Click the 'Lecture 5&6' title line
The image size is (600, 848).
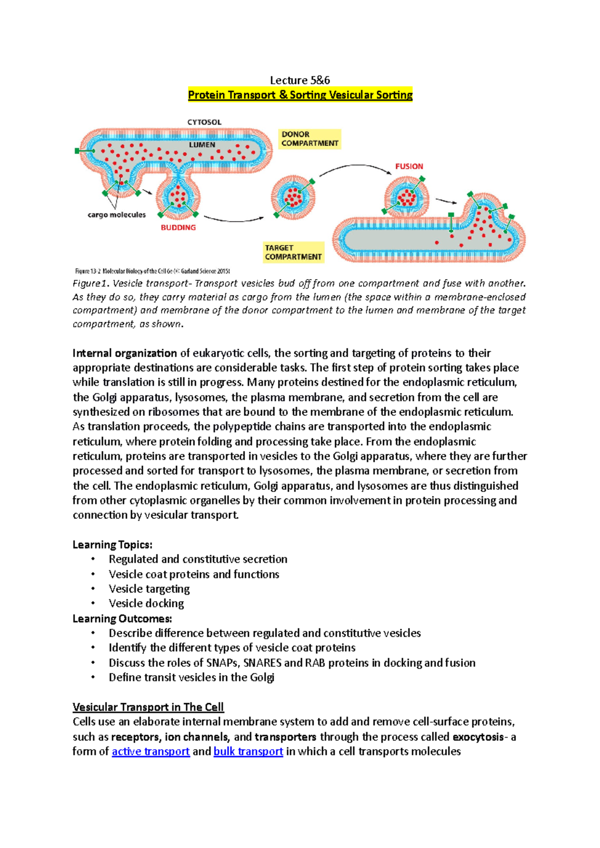tap(299, 80)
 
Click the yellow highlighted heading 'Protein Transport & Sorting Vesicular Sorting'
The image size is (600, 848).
tap(300, 95)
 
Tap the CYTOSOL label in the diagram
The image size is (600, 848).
tap(204, 122)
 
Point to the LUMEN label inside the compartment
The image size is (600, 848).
tap(202, 145)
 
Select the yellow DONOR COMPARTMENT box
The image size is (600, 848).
tap(309, 139)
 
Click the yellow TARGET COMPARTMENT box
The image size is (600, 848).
tap(293, 252)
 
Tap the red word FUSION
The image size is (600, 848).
tap(409, 166)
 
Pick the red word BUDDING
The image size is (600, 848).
tap(178, 227)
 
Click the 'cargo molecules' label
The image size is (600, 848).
tap(116, 215)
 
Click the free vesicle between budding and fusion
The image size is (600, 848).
tap(293, 197)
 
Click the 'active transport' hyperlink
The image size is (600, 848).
tap(150, 751)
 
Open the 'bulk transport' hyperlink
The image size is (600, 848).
tap(248, 751)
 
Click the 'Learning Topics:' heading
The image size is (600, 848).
tap(112, 544)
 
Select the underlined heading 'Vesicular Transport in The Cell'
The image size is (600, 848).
tap(148, 707)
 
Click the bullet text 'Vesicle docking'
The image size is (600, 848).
tap(146, 603)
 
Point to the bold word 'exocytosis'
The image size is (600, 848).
tap(478, 737)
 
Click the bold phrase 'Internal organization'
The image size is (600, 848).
tap(124, 353)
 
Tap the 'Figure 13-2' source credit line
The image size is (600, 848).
tap(152, 271)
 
